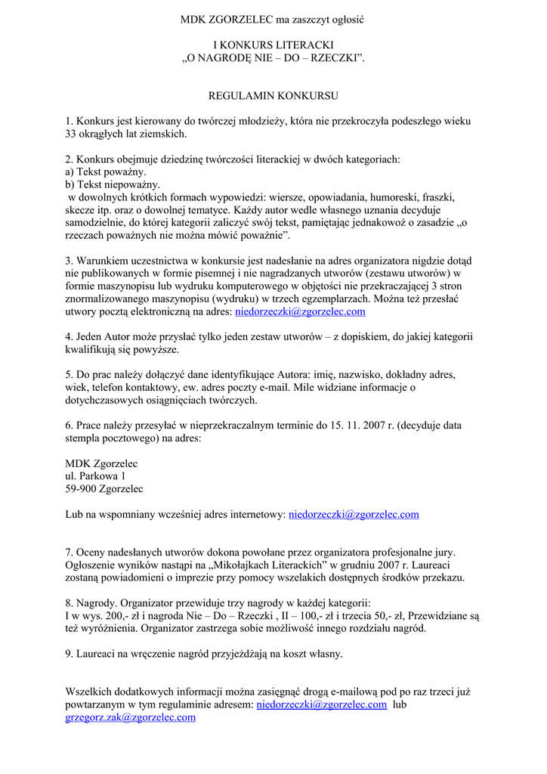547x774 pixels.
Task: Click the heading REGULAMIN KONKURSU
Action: pyautogui.click(x=273, y=96)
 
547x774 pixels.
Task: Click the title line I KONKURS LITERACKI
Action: pyautogui.click(x=273, y=45)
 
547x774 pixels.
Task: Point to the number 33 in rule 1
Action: pyautogui.click(x=72, y=134)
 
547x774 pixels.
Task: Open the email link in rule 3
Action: pyautogui.click(x=300, y=311)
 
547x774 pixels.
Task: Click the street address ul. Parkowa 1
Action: pyautogui.click(x=96, y=476)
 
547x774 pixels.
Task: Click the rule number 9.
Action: pyautogui.click(x=69, y=654)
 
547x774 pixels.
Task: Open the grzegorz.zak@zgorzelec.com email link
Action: pyautogui.click(x=131, y=717)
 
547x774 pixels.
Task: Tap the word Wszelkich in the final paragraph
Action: pyautogui.click(x=89, y=692)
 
